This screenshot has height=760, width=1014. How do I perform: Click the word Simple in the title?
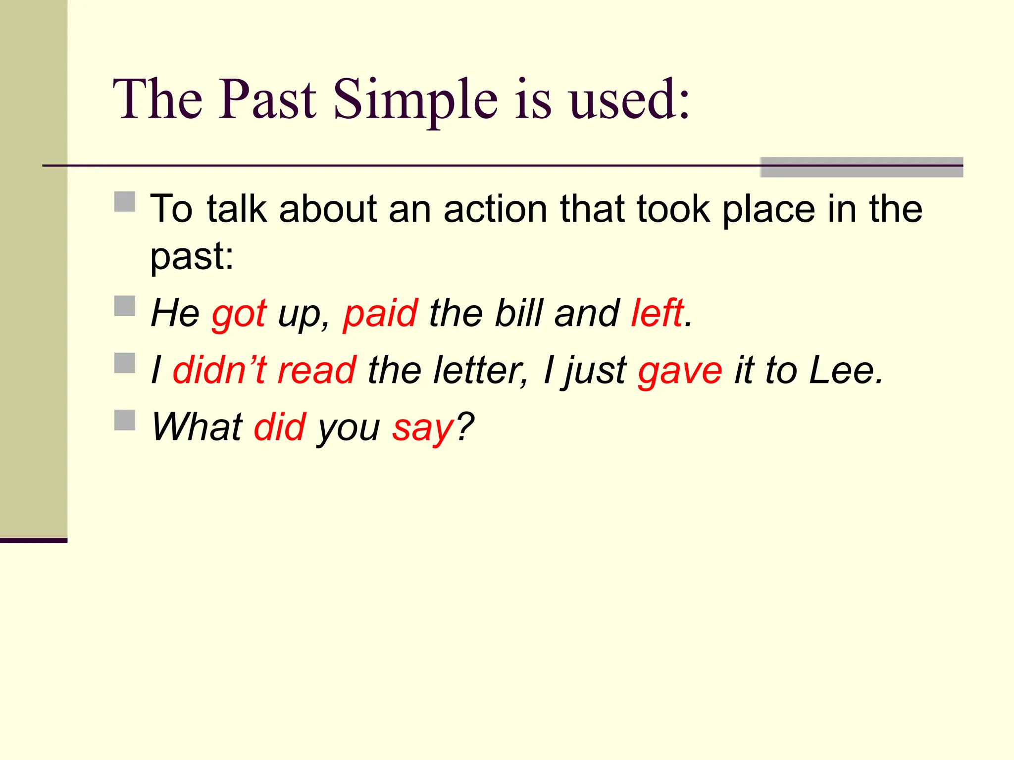(415, 100)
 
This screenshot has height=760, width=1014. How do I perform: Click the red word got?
(239, 314)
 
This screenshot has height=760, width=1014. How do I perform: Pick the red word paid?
(380, 314)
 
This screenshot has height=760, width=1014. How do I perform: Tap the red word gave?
(680, 371)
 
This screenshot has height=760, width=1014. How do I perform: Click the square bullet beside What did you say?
(125, 420)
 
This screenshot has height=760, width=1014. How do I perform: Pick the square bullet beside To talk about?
(125, 202)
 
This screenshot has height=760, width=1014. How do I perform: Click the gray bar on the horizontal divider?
(861, 167)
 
